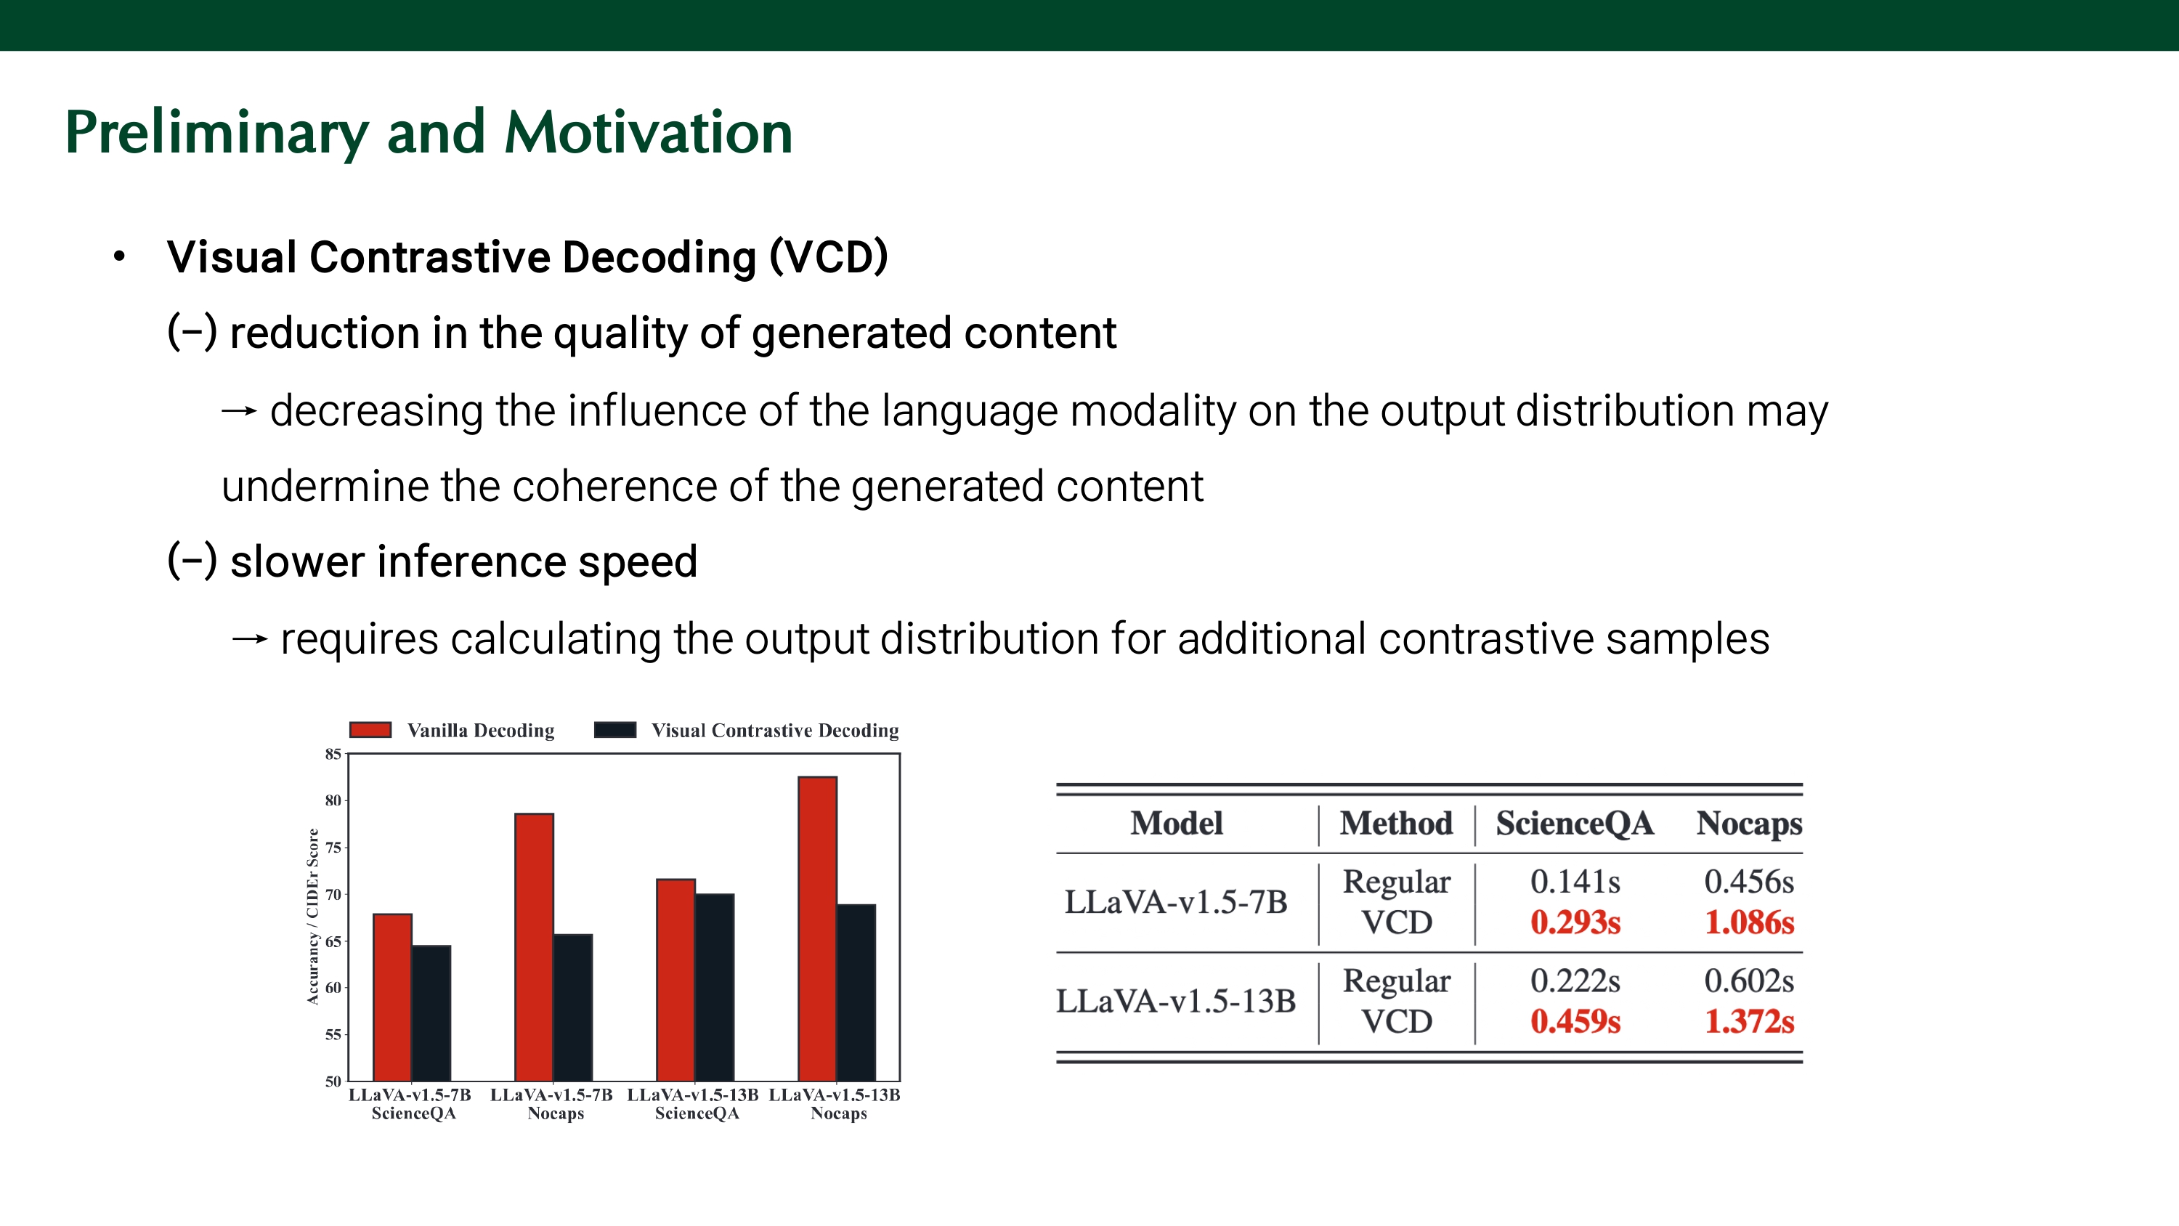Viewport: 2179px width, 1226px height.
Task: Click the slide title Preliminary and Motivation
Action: [x=429, y=133]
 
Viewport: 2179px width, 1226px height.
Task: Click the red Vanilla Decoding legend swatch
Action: [x=370, y=730]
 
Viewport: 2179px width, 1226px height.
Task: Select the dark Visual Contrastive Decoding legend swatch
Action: [x=615, y=730]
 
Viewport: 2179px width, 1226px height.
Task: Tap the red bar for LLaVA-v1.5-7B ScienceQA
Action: [x=392, y=996]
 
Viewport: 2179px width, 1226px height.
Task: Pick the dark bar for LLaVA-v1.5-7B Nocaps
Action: [x=572, y=1007]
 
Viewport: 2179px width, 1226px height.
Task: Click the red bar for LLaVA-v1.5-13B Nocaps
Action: [x=817, y=928]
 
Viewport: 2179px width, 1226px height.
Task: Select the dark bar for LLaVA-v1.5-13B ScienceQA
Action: [x=715, y=986]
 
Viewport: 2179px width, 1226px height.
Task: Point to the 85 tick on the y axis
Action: [x=333, y=754]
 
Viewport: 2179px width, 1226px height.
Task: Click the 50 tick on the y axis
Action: [x=333, y=1081]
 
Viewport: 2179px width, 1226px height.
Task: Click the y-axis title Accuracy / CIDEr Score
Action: [x=313, y=917]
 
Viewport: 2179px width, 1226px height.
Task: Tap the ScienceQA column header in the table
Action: [x=1574, y=823]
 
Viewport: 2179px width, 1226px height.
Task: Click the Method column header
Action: [x=1397, y=823]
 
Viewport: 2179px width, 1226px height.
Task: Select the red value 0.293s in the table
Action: [x=1575, y=922]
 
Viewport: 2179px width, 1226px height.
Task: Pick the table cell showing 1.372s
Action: [x=1749, y=1021]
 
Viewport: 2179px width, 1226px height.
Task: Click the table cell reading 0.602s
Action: [x=1749, y=981]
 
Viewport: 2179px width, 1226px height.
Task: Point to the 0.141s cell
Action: [x=1575, y=882]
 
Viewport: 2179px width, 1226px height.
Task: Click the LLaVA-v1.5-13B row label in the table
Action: [x=1176, y=1002]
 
